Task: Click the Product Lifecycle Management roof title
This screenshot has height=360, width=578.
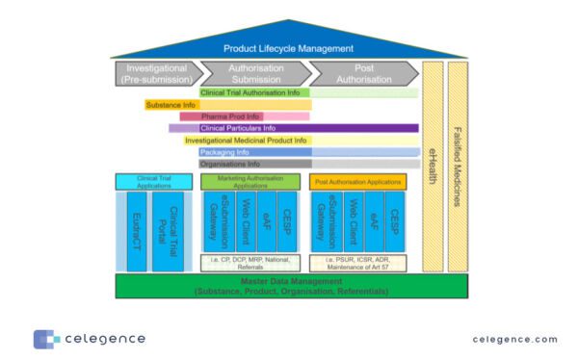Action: pos(288,48)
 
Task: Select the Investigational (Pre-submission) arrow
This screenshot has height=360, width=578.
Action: pos(155,74)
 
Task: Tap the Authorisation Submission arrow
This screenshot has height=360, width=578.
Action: pos(255,74)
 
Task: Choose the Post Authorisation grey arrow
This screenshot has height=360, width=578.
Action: pos(362,74)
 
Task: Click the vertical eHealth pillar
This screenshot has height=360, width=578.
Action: pos(433,166)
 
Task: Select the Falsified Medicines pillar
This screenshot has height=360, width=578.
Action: pos(457,166)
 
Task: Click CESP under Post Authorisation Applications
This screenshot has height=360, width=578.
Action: pos(396,221)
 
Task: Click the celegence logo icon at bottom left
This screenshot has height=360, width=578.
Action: pos(45,339)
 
